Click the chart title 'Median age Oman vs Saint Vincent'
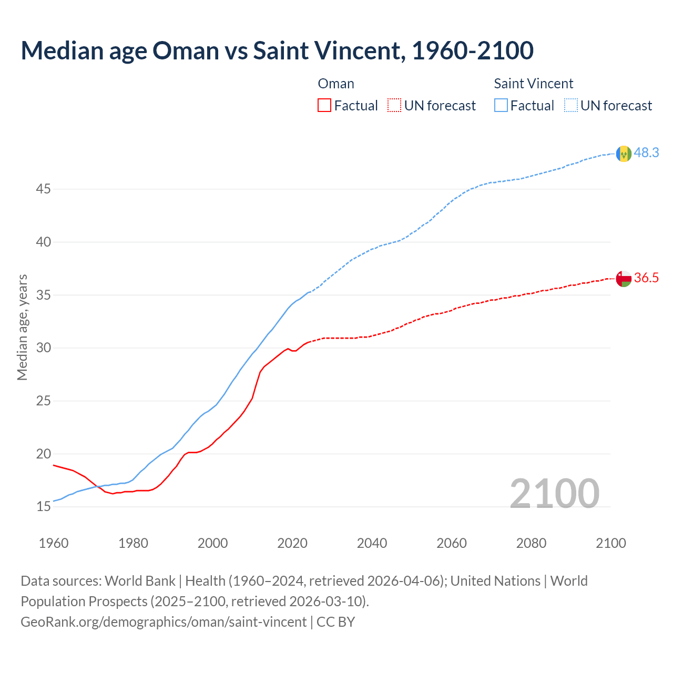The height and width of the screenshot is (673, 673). click(x=277, y=50)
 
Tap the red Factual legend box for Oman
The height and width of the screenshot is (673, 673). click(x=324, y=106)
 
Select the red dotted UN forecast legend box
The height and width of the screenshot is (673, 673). click(x=394, y=106)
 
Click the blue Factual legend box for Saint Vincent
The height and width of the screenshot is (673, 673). click(x=501, y=106)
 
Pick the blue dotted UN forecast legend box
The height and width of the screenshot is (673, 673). click(x=570, y=106)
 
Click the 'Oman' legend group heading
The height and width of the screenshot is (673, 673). click(x=336, y=84)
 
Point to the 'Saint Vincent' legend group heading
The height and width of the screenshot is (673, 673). click(x=533, y=84)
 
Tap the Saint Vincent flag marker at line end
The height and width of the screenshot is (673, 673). click(x=624, y=154)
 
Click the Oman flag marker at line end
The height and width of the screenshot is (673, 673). click(x=624, y=279)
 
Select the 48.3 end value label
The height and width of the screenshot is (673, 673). click(x=646, y=152)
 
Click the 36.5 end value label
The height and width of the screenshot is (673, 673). click(x=646, y=278)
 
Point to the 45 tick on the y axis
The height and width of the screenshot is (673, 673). click(x=43, y=189)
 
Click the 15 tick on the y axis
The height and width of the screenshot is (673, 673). click(x=43, y=507)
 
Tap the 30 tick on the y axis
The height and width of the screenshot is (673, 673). click(x=43, y=348)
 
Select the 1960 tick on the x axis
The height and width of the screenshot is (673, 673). click(x=54, y=543)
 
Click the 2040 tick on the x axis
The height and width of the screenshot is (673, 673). click(x=372, y=543)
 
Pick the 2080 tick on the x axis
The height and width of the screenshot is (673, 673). click(x=531, y=543)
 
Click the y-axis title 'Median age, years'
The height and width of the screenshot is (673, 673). click(x=22, y=327)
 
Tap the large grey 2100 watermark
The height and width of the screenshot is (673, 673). click(x=554, y=493)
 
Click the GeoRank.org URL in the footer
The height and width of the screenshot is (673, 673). click(x=164, y=622)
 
